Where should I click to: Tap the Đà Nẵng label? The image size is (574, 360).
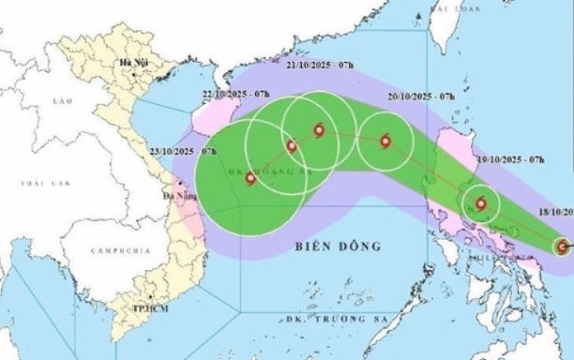pyautogui.click(x=176, y=197)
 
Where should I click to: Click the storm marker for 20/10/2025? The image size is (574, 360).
pyautogui.click(x=385, y=142)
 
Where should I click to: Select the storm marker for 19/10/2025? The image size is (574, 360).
pyautogui.click(x=481, y=202)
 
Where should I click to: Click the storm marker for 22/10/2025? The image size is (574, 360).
pyautogui.click(x=290, y=145)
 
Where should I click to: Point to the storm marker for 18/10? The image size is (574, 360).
pyautogui.click(x=562, y=247)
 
